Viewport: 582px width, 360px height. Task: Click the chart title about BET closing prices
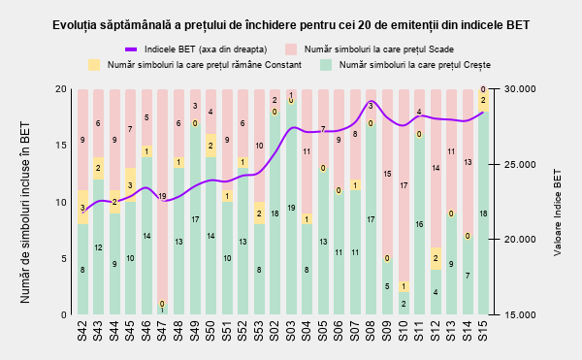tap(291, 25)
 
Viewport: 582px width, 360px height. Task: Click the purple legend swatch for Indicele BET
tap(131, 49)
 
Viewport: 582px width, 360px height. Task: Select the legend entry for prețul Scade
tap(370, 49)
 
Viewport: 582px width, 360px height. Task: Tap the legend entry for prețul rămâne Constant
tap(195, 65)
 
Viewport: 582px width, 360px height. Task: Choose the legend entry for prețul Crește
tap(405, 65)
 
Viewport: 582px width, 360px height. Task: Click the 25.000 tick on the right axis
tap(520, 164)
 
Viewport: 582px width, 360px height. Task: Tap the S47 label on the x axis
tap(161, 331)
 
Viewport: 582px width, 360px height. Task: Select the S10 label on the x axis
tap(403, 331)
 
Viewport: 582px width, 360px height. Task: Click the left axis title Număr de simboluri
tap(25, 213)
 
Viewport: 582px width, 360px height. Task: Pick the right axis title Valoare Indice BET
tap(557, 213)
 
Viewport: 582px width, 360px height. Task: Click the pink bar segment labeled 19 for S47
tap(162, 196)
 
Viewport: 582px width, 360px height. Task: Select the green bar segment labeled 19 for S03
tap(291, 208)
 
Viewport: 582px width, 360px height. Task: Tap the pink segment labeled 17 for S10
tap(404, 185)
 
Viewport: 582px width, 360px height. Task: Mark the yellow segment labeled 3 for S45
tap(130, 184)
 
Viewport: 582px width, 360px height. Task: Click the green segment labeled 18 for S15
tap(483, 213)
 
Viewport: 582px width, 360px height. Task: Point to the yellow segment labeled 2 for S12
tap(436, 258)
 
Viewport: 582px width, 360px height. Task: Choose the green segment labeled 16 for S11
tap(419, 224)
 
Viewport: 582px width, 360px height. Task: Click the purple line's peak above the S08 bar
tap(372, 101)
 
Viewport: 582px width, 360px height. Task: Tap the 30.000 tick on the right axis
tap(520, 89)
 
